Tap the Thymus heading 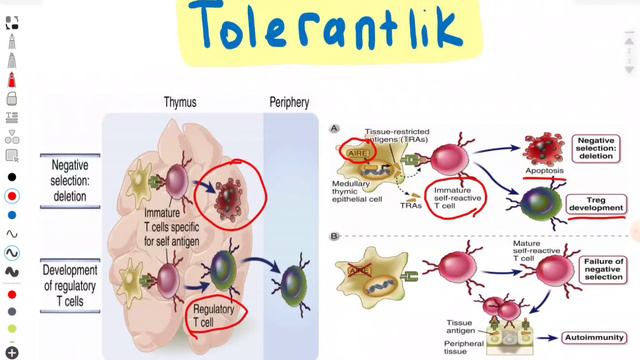[186, 102]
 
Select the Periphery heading [290, 102]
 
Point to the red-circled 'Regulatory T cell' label [216, 313]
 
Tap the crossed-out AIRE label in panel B [362, 270]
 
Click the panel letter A [336, 128]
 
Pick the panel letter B [336, 237]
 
